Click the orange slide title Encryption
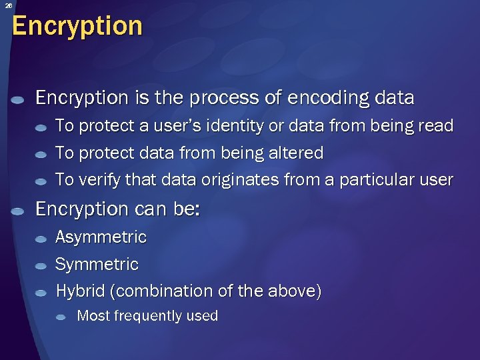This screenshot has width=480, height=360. [77, 27]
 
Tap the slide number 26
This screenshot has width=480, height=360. [9, 6]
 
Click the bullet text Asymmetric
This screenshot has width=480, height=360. [101, 237]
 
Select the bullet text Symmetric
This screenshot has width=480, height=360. [97, 265]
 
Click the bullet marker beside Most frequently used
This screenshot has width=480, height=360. [61, 317]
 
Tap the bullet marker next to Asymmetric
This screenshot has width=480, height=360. [41, 239]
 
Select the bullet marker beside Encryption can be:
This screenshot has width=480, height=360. [18, 211]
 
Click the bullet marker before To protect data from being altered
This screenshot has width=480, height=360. [41, 155]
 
